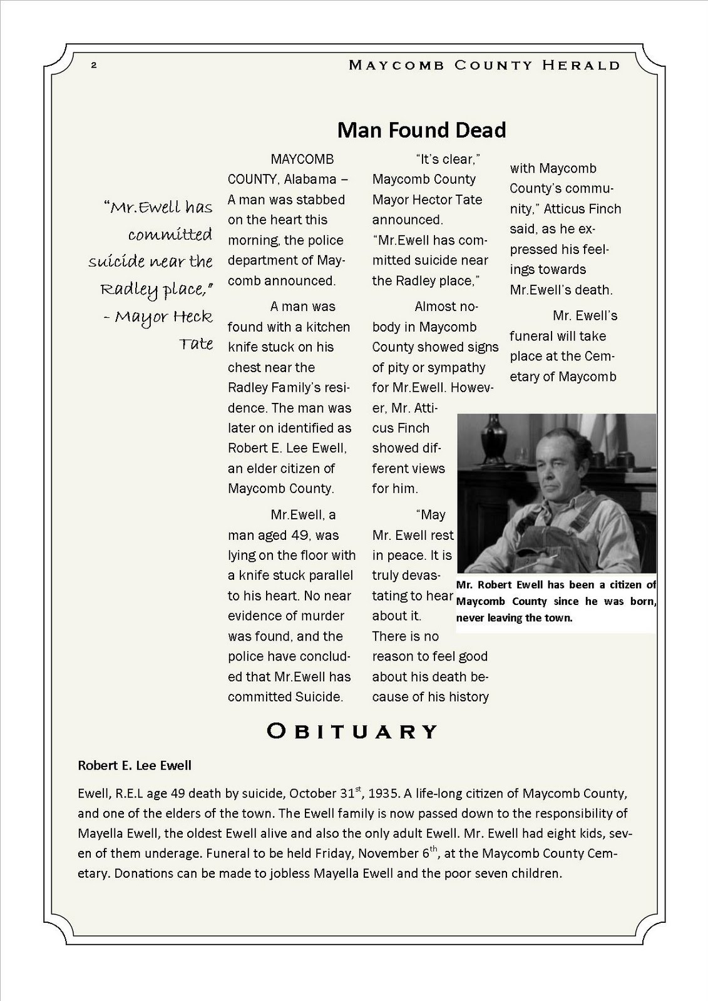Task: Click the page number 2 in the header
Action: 93,65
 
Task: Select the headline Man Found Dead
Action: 421,130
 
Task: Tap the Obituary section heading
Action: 352,731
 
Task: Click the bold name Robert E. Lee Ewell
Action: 135,765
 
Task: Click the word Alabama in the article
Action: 310,180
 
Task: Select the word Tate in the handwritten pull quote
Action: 196,343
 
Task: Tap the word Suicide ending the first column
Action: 320,697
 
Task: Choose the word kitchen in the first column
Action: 329,327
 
